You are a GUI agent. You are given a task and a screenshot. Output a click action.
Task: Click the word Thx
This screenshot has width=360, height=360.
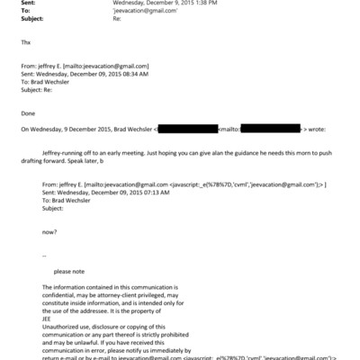[24, 42]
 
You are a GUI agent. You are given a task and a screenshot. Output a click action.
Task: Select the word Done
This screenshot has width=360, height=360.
[28, 115]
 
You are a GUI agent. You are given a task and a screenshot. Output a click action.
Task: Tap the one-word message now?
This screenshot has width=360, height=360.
[47, 232]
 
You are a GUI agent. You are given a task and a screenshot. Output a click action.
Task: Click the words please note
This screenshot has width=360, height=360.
[68, 271]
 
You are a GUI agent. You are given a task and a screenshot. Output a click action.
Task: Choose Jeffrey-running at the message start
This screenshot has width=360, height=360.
[62, 154]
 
